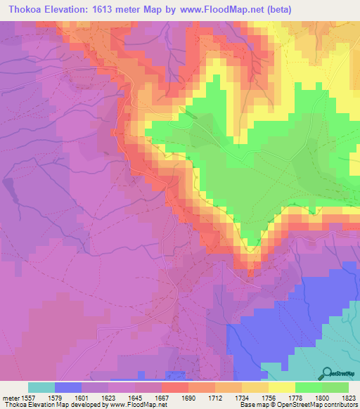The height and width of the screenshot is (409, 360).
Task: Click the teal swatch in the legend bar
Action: tap(41, 387)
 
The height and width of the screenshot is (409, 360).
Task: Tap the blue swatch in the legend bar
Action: tap(68, 387)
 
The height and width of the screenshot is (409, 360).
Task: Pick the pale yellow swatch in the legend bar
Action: tap(282, 387)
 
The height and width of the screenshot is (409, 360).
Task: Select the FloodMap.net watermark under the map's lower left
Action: tap(152, 376)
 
